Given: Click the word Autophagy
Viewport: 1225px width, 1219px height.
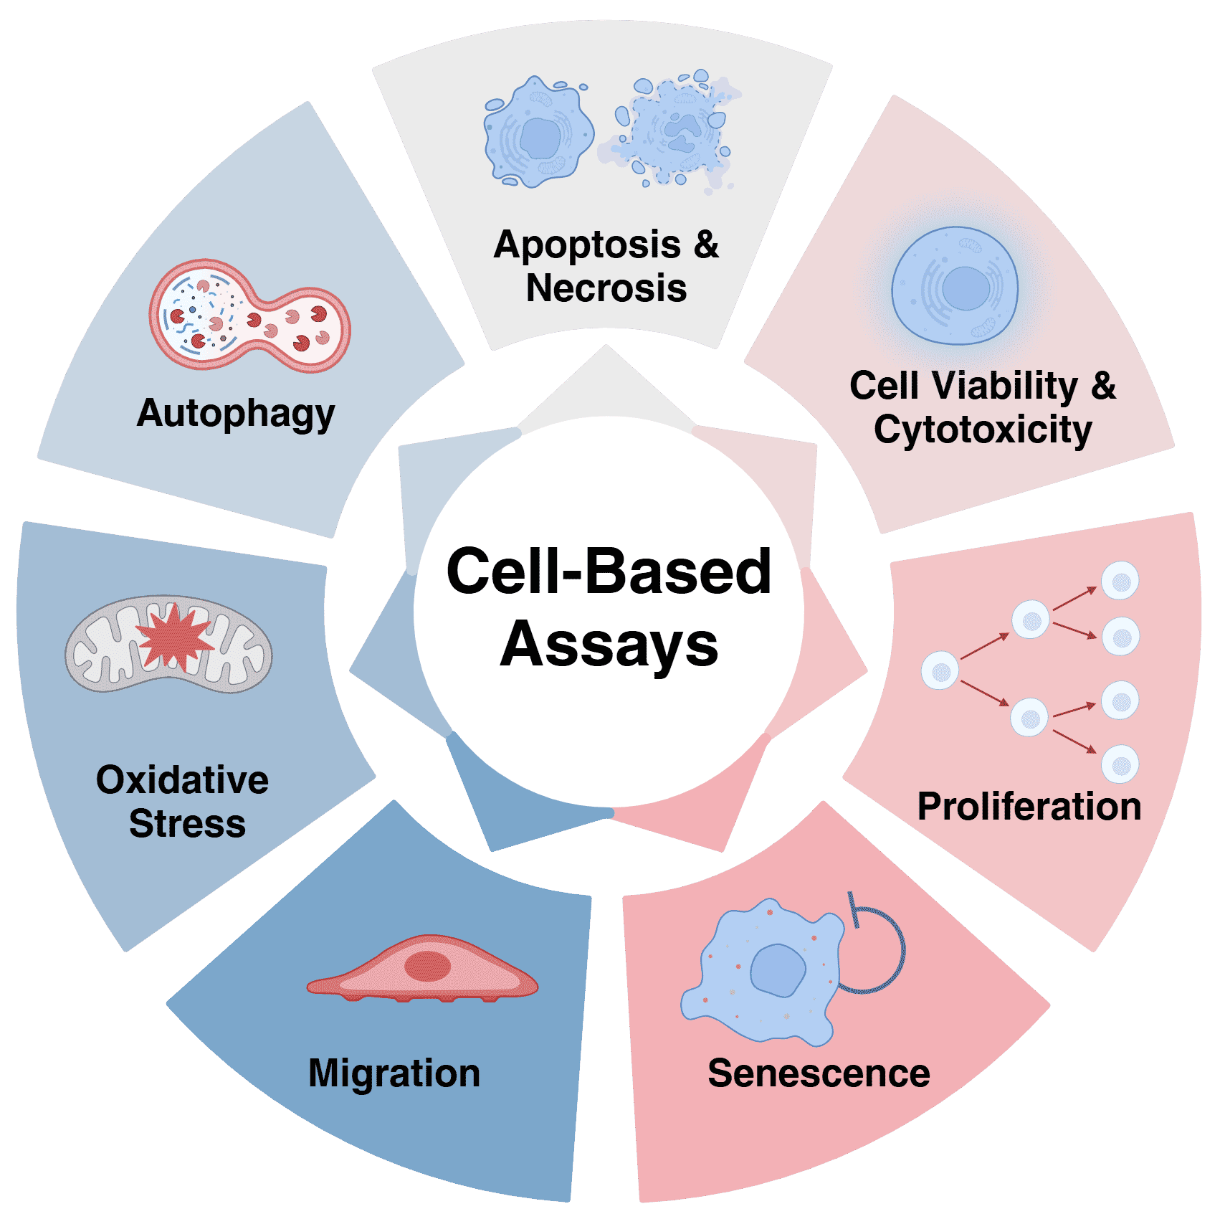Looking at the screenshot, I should (x=236, y=414).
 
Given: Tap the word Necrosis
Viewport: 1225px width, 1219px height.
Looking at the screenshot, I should (x=606, y=288).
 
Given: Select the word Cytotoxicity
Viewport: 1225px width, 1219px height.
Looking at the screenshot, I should (x=983, y=430).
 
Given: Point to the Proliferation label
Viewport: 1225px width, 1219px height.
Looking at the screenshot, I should (x=1029, y=807).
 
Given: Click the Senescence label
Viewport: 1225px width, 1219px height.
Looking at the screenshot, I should (x=819, y=1073).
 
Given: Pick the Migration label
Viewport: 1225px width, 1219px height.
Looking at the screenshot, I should (x=394, y=1073).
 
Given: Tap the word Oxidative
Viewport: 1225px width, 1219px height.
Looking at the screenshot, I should (x=183, y=780).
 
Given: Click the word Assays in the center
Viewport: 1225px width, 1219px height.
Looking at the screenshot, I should (x=609, y=644).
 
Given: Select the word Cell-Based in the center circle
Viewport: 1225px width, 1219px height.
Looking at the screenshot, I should (x=609, y=571).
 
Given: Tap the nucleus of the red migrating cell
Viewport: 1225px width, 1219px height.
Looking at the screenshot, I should (x=428, y=966).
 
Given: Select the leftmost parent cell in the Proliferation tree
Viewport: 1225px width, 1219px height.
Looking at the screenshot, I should (x=940, y=670).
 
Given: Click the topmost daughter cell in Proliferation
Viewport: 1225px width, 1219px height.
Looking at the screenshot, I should (x=1120, y=581).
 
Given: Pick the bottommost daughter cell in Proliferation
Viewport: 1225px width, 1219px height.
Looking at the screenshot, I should (x=1120, y=764).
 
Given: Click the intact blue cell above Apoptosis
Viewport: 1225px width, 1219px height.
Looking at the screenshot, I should (x=539, y=133).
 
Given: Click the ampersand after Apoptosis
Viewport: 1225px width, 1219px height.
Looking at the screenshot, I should (x=706, y=245).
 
